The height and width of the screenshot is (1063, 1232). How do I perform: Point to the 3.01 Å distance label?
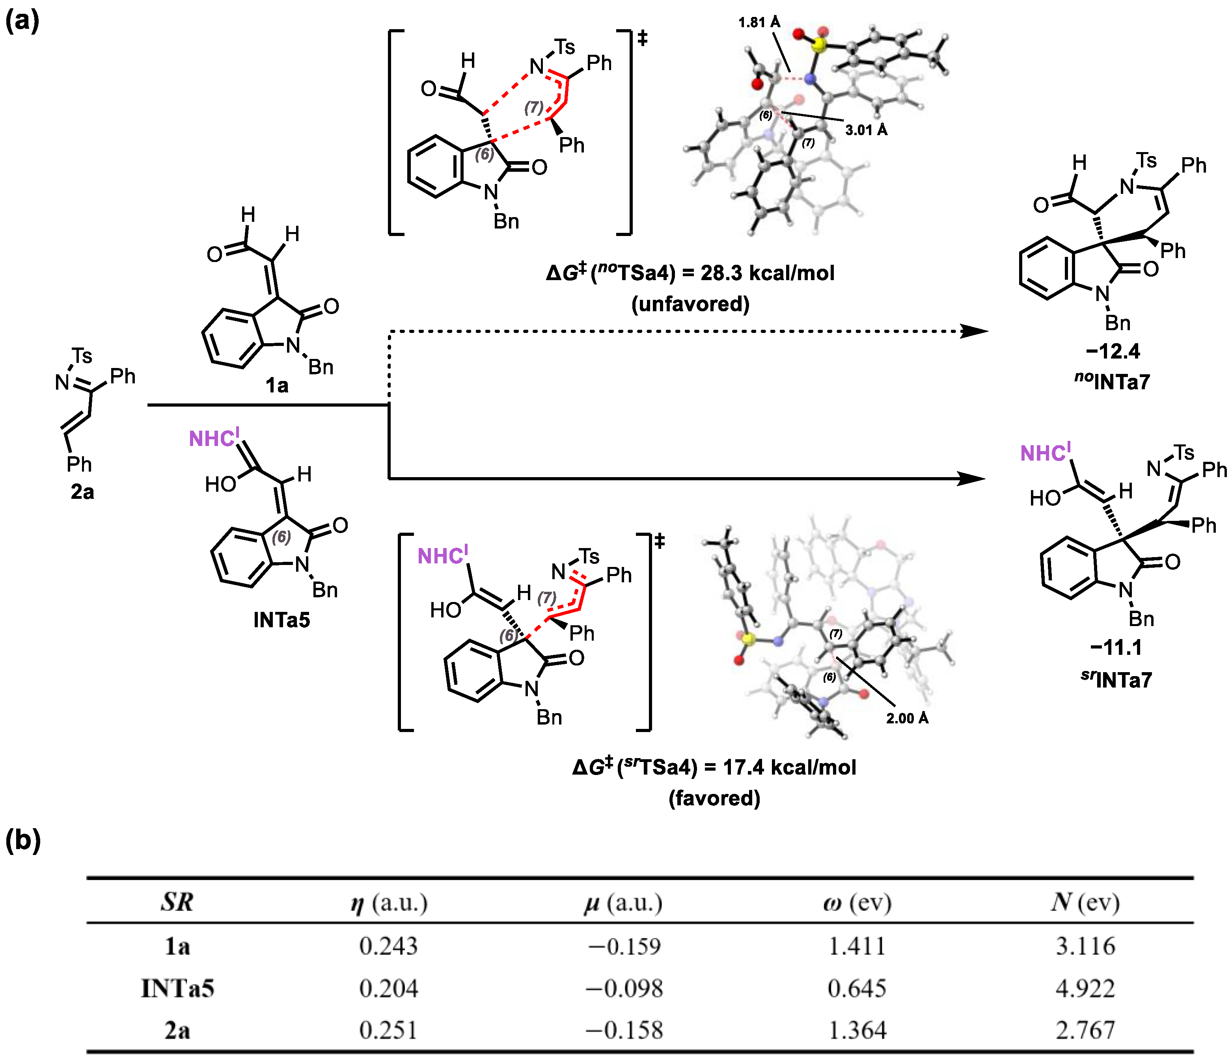coord(866,130)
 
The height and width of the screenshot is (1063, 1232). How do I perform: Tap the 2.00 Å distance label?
coord(907,718)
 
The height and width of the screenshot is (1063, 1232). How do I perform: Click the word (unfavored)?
coord(690,304)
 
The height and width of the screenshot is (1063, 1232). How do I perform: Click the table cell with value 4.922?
coord(1085,988)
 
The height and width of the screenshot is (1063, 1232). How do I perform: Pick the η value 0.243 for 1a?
coord(388,946)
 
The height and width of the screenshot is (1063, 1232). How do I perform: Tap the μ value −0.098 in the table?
coord(624,988)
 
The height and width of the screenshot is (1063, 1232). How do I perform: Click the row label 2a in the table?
coord(177,1030)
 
